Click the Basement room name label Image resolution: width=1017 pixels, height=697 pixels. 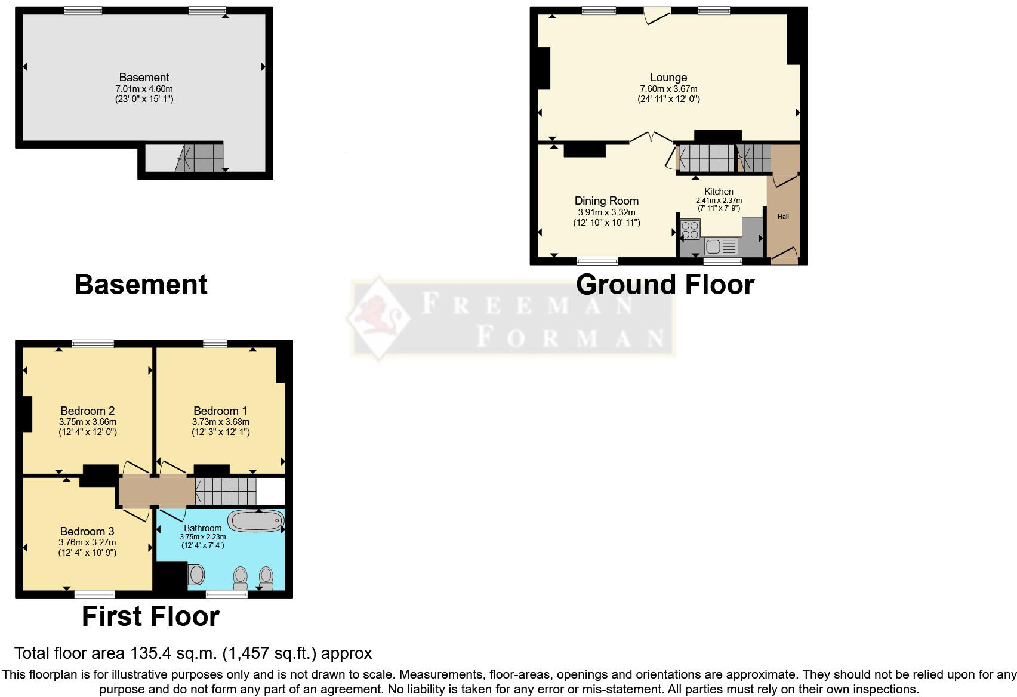[x=144, y=77]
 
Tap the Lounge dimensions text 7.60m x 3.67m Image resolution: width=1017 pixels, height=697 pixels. [x=668, y=89]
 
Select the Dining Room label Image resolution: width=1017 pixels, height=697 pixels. [x=606, y=201]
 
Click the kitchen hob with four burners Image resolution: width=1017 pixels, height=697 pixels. [x=690, y=229]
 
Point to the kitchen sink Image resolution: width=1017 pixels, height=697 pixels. [x=714, y=246]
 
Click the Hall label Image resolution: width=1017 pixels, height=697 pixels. [x=783, y=217]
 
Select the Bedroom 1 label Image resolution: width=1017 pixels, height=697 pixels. [x=220, y=411]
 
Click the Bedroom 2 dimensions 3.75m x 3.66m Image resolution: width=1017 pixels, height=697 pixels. [x=87, y=422]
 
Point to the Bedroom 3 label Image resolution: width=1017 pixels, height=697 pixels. [x=87, y=531]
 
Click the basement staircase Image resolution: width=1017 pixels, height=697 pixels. [x=202, y=158]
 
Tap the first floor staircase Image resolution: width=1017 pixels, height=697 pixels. [x=226, y=491]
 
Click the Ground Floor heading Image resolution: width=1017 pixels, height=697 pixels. [x=665, y=285]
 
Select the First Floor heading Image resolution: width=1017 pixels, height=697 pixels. [x=150, y=616]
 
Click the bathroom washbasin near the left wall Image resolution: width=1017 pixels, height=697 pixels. [x=196, y=575]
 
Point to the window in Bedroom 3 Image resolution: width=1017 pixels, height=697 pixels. [x=95, y=594]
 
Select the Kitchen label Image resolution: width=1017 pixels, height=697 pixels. [x=719, y=192]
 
